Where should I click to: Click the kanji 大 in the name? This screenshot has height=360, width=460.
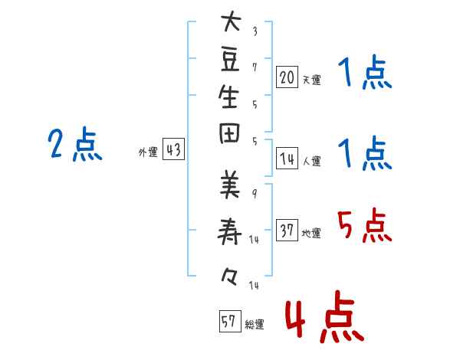231,21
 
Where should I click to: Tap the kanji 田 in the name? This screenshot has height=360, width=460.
229,133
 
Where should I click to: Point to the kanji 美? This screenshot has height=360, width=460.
230,185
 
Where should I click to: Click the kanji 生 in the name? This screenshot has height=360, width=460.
228,97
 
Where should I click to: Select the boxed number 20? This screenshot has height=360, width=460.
287,77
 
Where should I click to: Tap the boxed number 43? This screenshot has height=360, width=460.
174,149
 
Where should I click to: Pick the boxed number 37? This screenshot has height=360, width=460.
287,230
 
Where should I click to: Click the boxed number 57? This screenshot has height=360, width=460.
230,321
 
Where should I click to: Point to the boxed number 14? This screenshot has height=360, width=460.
287,159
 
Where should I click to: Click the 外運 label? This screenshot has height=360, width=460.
148,152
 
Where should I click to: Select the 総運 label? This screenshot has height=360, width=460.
255,325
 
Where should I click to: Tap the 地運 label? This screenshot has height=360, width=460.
311,233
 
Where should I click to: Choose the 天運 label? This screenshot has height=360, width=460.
312,80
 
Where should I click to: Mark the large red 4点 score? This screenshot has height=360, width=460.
325,316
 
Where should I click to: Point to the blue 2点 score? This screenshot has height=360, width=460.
75,144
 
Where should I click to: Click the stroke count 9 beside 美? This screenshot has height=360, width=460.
255,194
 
